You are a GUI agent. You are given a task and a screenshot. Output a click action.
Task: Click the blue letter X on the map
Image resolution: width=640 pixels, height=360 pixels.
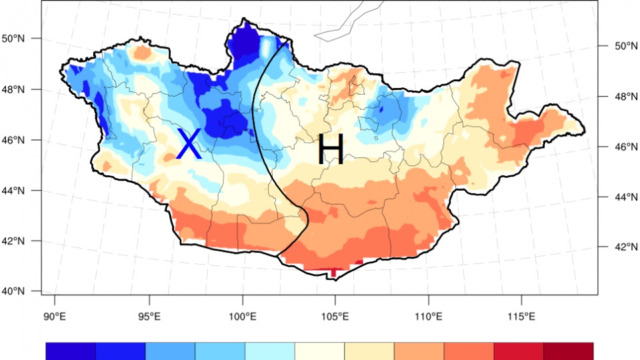tap(189, 145)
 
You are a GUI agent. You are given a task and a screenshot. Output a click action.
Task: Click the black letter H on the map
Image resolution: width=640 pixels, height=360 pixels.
tap(330, 150)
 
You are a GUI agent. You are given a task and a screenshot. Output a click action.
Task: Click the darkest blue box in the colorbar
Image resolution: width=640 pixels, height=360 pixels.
tap(71, 351)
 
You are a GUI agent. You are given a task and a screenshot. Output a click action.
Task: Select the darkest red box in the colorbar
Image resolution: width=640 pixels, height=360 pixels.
tap(568, 351)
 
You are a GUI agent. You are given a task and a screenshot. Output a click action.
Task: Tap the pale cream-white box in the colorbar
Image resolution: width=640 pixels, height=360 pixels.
tap(319, 351)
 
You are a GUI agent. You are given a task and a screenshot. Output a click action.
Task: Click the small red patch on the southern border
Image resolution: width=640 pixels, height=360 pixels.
tap(333, 271)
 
